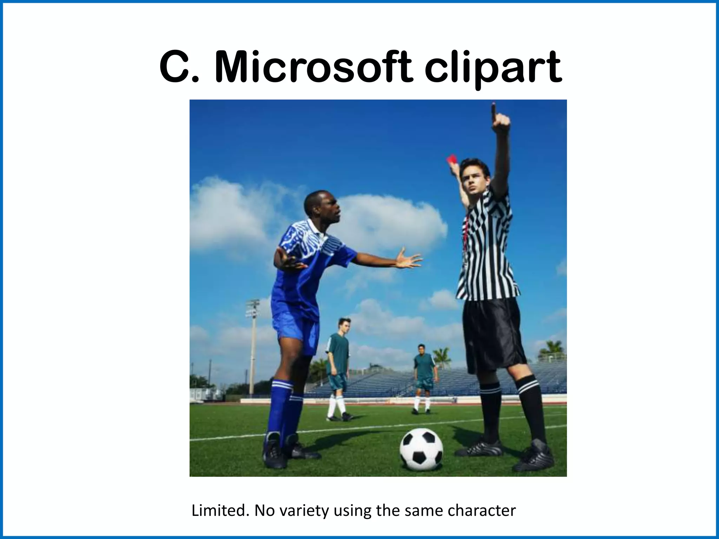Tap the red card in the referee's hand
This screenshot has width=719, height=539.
(451, 160)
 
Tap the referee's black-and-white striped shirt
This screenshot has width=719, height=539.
(488, 253)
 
